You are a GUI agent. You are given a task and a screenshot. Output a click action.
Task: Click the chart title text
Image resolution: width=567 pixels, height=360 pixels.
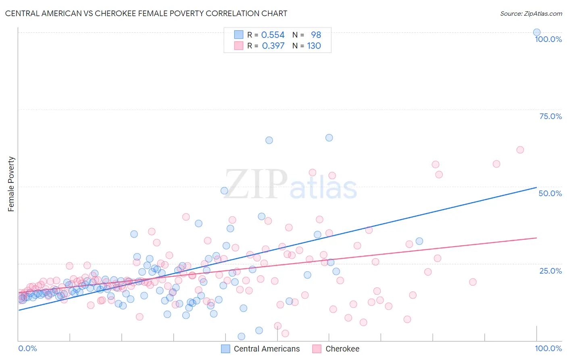tap(146, 13)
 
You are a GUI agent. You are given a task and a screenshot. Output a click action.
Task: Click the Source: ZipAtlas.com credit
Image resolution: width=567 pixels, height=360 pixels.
tap(531, 13)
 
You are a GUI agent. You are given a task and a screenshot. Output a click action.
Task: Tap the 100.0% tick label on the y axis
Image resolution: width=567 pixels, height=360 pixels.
tap(548, 39)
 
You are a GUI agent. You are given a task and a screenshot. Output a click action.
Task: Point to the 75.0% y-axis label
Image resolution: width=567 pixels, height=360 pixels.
tap(550, 116)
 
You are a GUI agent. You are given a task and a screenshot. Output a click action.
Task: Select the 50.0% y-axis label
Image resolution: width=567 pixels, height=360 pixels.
tap(550, 193)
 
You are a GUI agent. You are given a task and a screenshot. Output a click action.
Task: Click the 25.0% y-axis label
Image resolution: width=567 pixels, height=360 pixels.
tap(550, 270)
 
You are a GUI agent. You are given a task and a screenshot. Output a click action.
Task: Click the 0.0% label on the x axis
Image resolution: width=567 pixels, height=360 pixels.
tap(27, 348)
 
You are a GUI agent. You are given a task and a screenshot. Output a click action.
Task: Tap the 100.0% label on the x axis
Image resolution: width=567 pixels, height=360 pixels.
tap(548, 348)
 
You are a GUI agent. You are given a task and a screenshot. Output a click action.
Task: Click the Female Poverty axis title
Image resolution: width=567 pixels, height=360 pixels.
tap(11, 184)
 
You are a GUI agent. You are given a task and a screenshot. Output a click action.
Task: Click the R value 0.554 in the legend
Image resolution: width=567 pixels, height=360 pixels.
tap(273, 35)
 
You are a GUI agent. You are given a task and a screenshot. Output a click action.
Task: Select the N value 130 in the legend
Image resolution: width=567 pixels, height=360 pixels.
tap(314, 46)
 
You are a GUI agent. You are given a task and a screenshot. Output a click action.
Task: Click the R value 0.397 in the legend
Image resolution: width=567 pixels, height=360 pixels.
tap(273, 46)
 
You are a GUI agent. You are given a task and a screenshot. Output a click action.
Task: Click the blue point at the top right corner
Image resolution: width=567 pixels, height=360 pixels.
tap(537, 32)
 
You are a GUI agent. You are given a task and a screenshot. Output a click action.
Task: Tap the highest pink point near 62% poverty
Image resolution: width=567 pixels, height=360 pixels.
tap(520, 150)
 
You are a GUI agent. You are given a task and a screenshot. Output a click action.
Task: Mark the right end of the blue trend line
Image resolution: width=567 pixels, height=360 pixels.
tap(536, 187)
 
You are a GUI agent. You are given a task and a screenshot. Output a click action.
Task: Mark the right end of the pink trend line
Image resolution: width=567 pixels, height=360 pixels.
tap(536, 238)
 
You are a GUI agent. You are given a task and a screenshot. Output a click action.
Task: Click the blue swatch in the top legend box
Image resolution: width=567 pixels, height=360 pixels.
tap(239, 35)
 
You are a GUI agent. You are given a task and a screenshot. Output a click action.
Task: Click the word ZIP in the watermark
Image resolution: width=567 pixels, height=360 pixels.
tap(256, 184)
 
